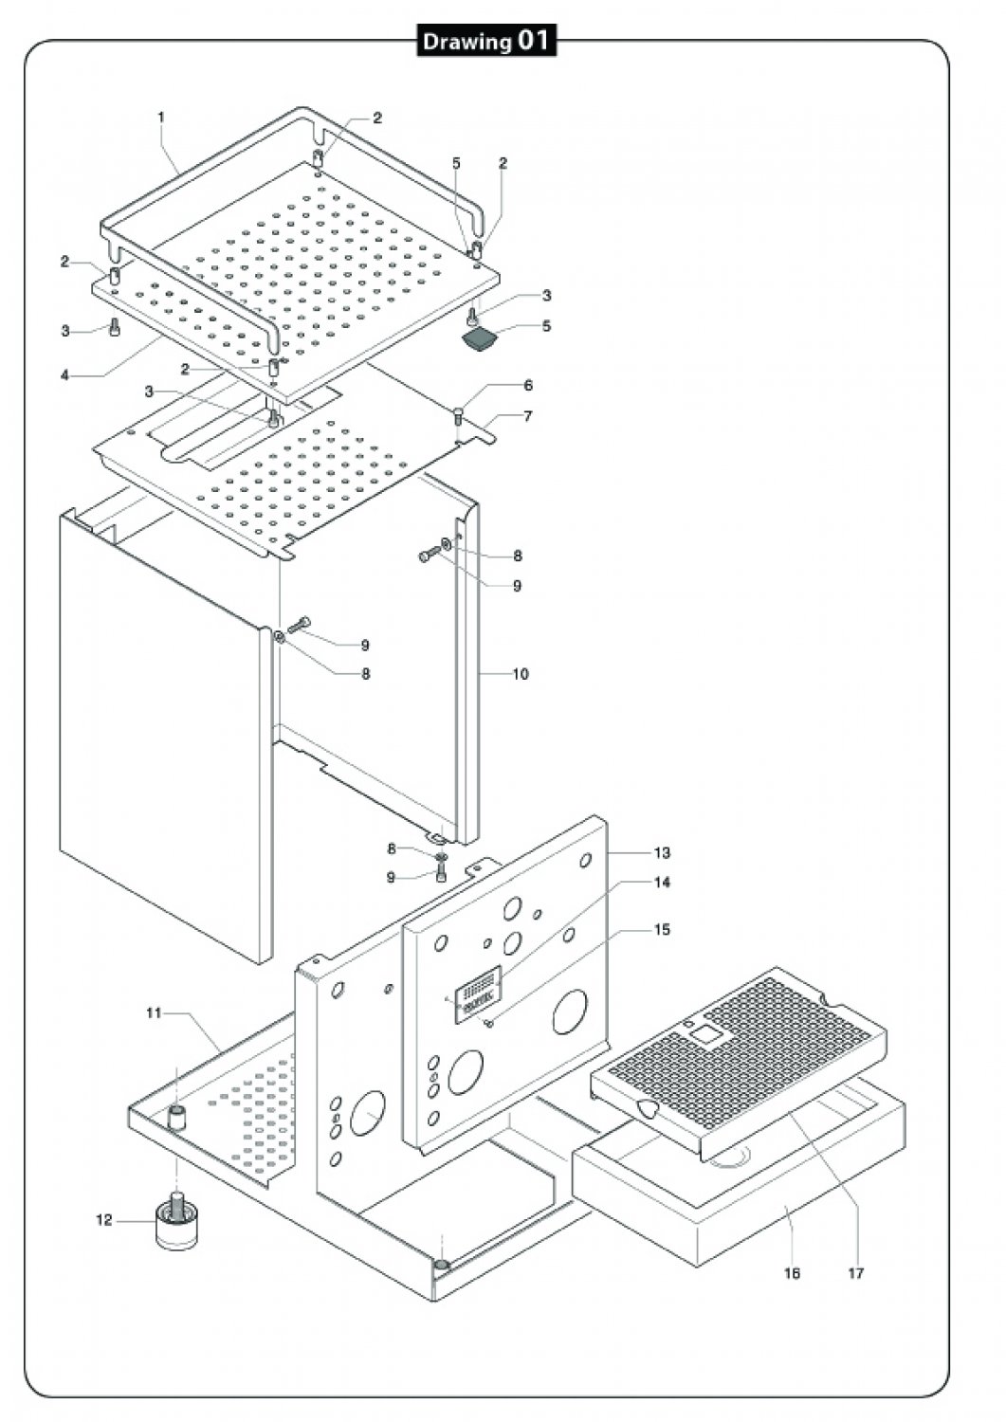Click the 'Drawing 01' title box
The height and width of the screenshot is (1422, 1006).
(486, 42)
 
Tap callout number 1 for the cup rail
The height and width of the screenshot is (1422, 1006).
(161, 118)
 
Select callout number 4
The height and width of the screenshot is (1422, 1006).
(64, 375)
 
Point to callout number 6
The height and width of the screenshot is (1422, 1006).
(528, 385)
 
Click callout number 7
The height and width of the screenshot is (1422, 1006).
(528, 416)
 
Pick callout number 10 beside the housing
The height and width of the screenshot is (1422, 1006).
(521, 674)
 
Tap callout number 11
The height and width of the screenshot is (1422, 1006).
(154, 1013)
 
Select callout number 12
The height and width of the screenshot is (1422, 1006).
(104, 1220)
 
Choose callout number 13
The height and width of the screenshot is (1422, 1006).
(662, 853)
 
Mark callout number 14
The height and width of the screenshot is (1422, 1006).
(662, 883)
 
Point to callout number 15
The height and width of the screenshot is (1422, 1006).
(662, 929)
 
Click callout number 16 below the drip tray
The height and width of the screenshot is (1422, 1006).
(792, 1273)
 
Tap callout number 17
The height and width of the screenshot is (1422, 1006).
(855, 1273)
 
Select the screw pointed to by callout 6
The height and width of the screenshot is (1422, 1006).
(460, 417)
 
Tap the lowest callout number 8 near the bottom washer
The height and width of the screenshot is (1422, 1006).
(392, 848)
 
